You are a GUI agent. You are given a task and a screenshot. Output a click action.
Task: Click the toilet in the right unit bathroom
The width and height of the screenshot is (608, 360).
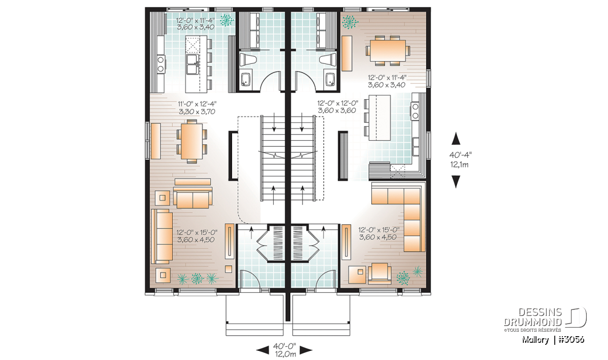pyautogui.click(x=328, y=59)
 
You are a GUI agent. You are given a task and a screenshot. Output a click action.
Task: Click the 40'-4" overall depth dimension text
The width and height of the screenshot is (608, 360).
pyautogui.click(x=461, y=154)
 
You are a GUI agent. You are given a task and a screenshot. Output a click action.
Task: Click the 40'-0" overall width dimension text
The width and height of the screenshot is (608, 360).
pyautogui.click(x=284, y=346)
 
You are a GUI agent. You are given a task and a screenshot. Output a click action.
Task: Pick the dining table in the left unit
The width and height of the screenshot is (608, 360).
pyautogui.click(x=192, y=141)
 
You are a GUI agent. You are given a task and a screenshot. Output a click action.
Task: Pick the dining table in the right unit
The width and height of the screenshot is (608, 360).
pyautogui.click(x=388, y=51)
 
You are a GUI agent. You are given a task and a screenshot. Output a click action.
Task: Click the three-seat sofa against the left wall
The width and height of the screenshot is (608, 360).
pyautogui.click(x=162, y=236)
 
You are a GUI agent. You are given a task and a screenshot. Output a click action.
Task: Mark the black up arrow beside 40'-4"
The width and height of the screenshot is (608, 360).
pyautogui.click(x=456, y=138)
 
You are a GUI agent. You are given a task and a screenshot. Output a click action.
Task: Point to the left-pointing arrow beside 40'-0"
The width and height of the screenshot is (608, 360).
pyautogui.click(x=262, y=350)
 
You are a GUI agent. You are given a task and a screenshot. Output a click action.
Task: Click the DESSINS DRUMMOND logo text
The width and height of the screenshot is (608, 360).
pyautogui.click(x=533, y=317)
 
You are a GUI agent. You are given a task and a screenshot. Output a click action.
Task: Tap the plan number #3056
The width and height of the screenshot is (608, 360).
pyautogui.click(x=572, y=340)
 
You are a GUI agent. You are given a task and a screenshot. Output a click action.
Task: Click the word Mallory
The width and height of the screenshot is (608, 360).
pyautogui.click(x=535, y=340)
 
